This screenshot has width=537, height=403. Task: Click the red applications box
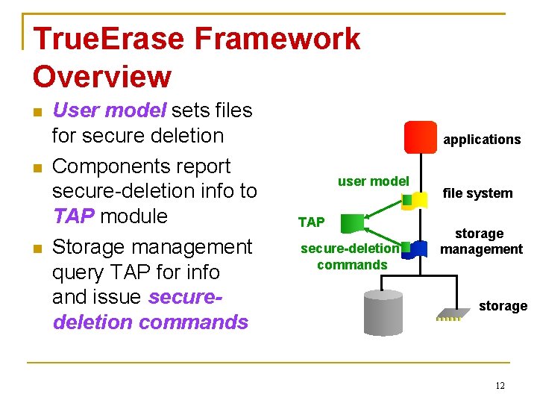[x=420, y=137]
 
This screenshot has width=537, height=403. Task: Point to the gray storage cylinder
[x=382, y=313]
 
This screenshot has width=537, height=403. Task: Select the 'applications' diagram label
[x=482, y=140]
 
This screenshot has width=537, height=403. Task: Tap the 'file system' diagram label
[x=478, y=193]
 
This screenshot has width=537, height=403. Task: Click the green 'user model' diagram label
[x=373, y=181]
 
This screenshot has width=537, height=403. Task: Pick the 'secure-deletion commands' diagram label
[x=351, y=257]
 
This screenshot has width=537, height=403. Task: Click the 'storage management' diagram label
[x=480, y=241]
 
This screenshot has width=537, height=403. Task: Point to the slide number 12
[x=500, y=385]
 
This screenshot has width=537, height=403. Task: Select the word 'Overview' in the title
[x=102, y=76]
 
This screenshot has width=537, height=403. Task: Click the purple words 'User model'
[x=109, y=110]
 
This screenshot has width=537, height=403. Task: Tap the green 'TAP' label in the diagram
[x=311, y=222]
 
